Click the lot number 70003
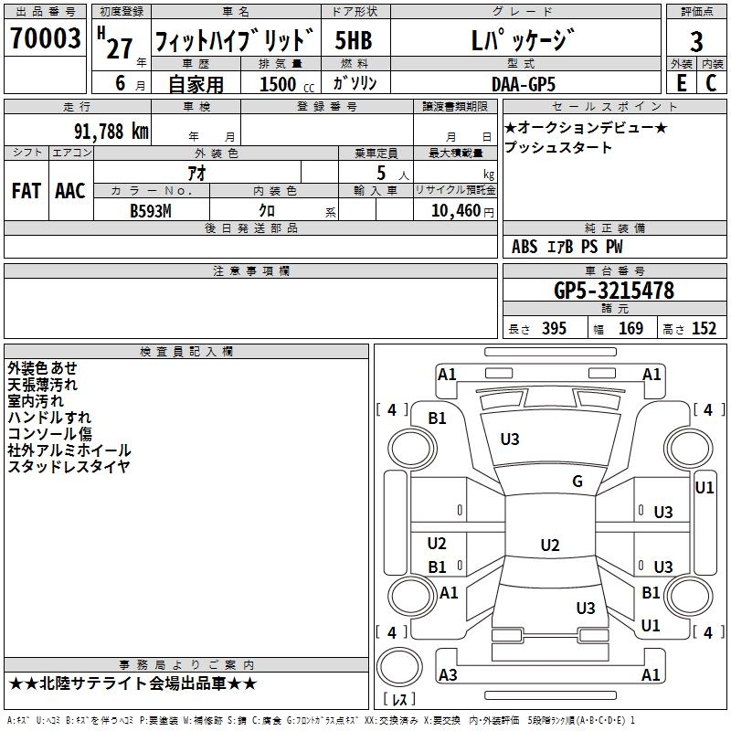(x=45, y=38)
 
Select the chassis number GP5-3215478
(x=614, y=291)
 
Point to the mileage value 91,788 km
(x=111, y=131)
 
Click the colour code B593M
(x=152, y=209)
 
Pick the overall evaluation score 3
(x=696, y=41)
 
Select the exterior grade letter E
(x=681, y=83)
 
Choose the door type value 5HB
(x=355, y=41)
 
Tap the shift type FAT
(x=27, y=191)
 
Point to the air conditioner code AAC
(x=70, y=191)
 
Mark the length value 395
(x=552, y=329)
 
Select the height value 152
(x=704, y=329)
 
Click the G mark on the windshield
(x=577, y=482)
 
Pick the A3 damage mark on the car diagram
(x=448, y=675)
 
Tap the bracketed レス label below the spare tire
(x=399, y=700)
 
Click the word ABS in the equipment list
(x=524, y=247)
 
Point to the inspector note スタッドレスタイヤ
(x=69, y=467)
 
